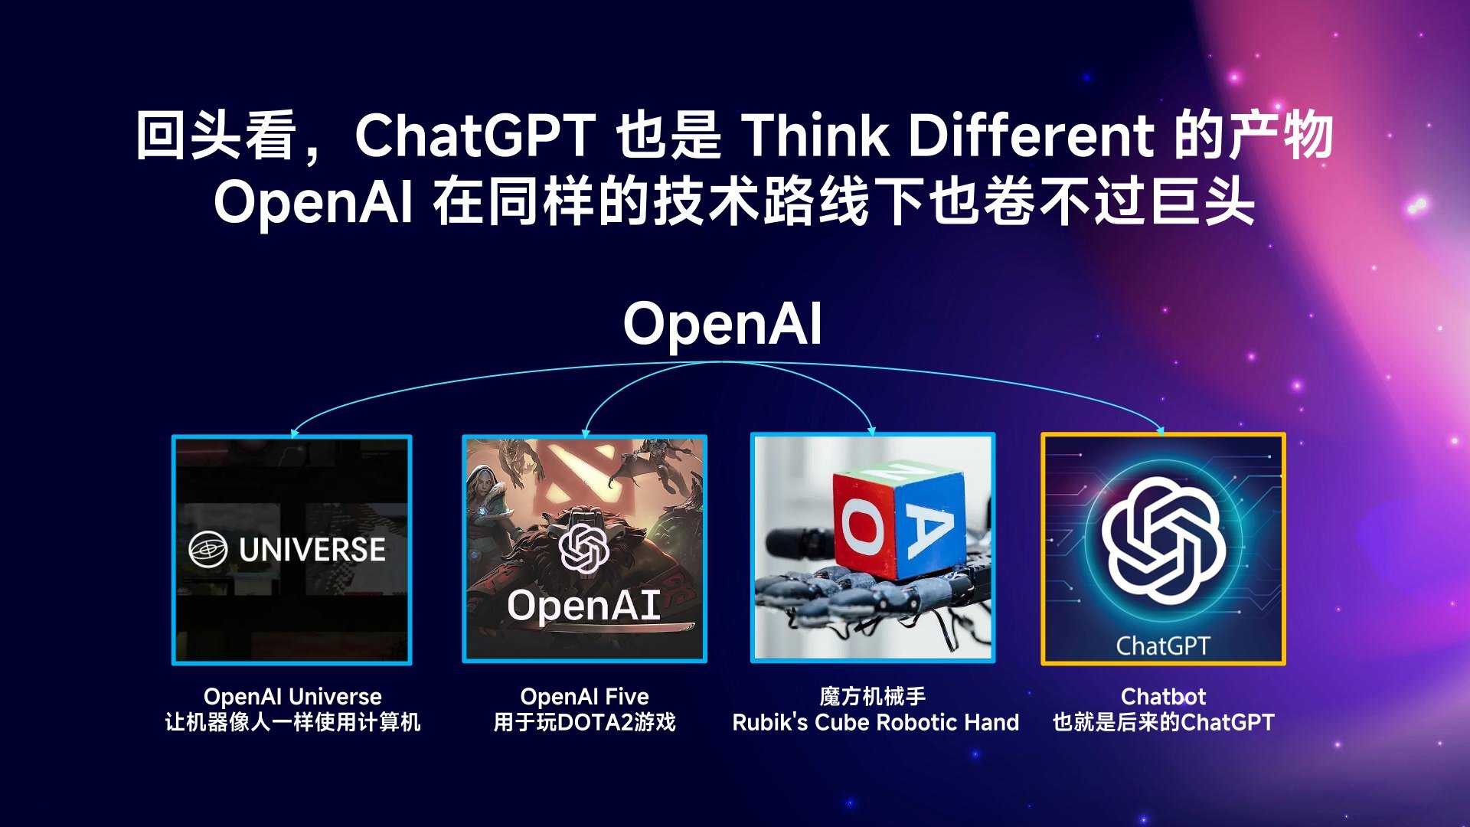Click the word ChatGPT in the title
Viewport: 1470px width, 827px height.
coord(475,136)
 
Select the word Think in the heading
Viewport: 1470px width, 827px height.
coord(815,136)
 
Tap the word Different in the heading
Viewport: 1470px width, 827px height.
coord(1031,136)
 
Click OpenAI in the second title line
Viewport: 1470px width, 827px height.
coord(313,204)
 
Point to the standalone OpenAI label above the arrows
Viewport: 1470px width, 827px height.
coord(723,324)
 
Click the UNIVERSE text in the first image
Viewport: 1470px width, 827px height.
coord(312,550)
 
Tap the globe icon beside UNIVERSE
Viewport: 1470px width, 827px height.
coord(208,549)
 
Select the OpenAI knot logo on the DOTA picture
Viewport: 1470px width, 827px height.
coord(583,548)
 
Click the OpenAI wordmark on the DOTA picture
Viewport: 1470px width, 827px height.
coord(583,605)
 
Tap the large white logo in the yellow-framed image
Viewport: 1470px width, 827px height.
coord(1163,540)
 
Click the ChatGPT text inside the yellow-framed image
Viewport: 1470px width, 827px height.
coord(1163,646)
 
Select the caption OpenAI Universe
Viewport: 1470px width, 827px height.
coord(292,697)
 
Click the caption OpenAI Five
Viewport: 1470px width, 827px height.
coord(584,697)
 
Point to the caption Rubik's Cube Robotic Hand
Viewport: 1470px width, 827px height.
coord(875,722)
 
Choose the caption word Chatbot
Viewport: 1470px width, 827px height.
coord(1163,697)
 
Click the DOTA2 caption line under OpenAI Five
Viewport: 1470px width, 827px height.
coord(584,722)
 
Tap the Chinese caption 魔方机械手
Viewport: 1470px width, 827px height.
coord(872,697)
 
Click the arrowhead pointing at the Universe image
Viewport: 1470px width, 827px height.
coord(295,433)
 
